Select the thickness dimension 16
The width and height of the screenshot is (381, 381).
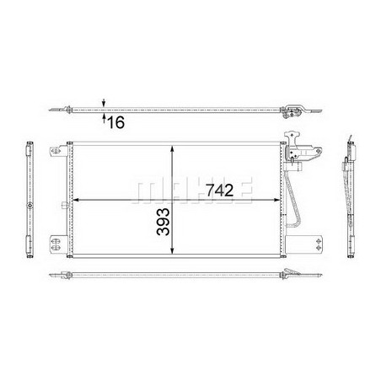[115, 123]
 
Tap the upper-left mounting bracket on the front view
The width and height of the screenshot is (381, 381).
[56, 153]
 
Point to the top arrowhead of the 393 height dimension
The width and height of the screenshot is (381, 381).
[174, 148]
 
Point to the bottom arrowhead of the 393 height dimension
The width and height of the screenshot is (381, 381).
[174, 252]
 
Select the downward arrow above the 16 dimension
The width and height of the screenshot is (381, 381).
[104, 102]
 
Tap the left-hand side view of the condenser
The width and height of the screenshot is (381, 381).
[32, 198]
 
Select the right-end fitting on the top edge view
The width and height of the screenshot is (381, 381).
[294, 112]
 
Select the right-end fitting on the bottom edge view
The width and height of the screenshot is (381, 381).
[295, 274]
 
